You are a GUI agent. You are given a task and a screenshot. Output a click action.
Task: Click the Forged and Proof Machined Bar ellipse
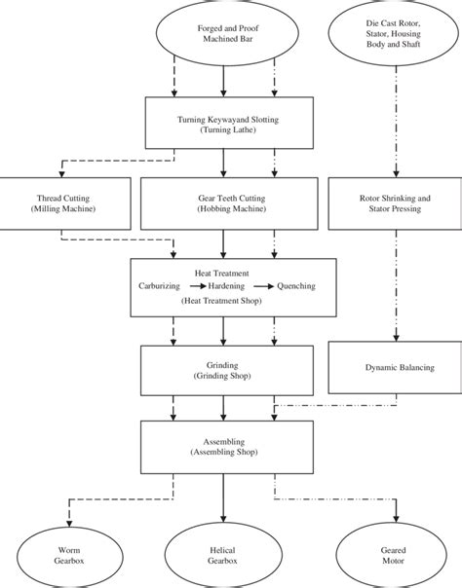tap(224, 36)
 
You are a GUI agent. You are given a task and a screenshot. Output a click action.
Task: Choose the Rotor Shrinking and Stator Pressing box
tap(394, 203)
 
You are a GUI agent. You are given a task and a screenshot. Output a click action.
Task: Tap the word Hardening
tap(226, 288)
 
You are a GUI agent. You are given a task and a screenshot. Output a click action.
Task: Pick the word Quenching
tap(296, 288)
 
